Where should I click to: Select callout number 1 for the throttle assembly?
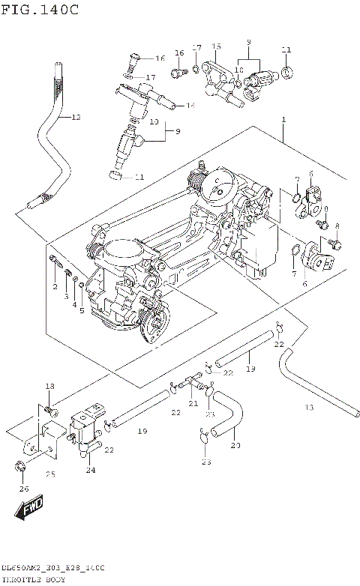(283, 120)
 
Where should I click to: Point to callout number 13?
(308, 407)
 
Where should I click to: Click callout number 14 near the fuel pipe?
(190, 106)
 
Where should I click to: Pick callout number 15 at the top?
(216, 47)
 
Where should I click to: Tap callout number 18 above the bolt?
(49, 386)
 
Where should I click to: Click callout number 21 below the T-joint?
(193, 403)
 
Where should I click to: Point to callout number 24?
(91, 471)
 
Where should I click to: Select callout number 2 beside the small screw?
(55, 287)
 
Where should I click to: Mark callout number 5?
(82, 309)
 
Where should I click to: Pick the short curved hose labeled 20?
(228, 417)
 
